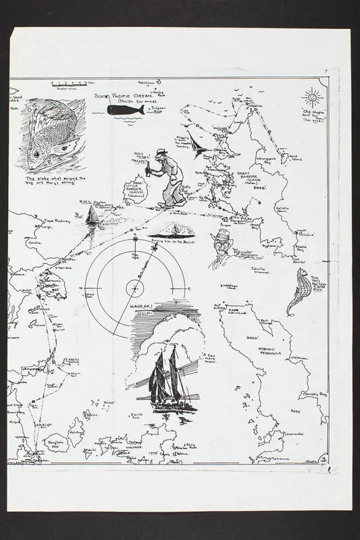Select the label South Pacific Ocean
pos(126,97)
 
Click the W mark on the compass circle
pos(82,288)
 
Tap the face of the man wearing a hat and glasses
pos(221,244)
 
